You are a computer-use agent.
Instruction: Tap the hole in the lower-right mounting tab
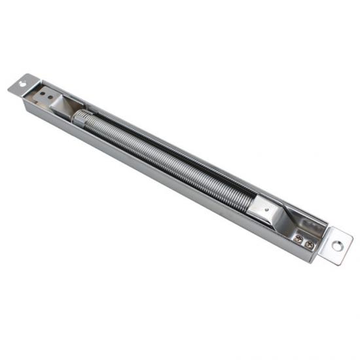337,246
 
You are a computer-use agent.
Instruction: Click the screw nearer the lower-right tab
309,244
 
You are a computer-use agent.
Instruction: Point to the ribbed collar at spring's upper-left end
80,118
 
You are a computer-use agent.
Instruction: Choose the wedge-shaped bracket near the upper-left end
66,105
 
